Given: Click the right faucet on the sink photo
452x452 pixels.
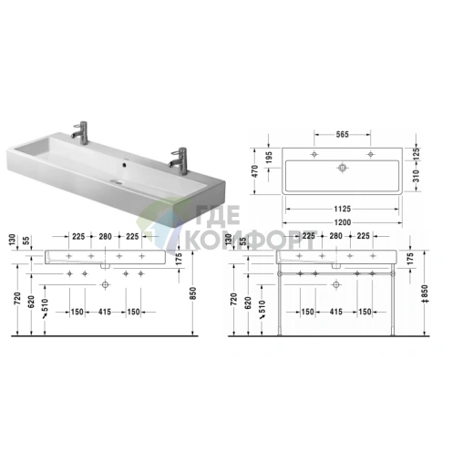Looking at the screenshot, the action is [x=179, y=160].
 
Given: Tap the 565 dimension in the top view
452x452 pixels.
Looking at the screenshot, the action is [x=342, y=134].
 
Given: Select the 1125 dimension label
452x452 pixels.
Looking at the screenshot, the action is [x=343, y=209].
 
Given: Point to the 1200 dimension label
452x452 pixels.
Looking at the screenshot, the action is [x=343, y=222].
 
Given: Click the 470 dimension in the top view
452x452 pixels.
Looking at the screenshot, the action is [x=255, y=171].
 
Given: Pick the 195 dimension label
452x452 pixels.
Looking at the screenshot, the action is [x=269, y=158].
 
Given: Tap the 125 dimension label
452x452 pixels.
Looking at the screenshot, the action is [x=416, y=154].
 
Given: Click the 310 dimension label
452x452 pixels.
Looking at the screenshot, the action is [x=416, y=176].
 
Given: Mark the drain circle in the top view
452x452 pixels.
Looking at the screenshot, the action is [x=343, y=168].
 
